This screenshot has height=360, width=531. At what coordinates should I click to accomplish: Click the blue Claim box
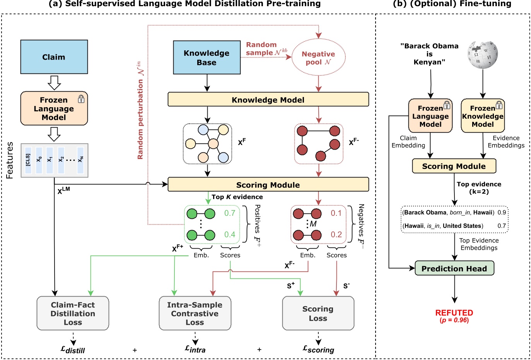(x=54, y=57)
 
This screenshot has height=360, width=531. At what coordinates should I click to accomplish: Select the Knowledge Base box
(x=207, y=58)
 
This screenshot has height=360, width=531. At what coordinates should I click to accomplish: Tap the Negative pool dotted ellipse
(x=318, y=58)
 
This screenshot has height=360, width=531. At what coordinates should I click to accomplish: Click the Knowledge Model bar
(x=268, y=99)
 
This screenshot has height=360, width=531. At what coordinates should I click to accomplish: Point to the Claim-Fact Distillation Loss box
(x=73, y=313)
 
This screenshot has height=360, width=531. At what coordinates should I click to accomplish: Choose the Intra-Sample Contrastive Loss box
(x=195, y=313)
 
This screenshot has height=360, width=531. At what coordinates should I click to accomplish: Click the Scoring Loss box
(x=318, y=313)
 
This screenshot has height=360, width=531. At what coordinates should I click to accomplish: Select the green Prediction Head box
(x=454, y=268)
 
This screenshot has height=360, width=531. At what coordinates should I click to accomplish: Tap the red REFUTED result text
(x=454, y=313)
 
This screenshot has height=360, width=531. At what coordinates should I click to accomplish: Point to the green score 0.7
(x=230, y=213)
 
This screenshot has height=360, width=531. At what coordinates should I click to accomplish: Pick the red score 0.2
(x=336, y=234)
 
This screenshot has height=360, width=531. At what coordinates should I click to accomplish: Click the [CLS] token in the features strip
(x=28, y=160)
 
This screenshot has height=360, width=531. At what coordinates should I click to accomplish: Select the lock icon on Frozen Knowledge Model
(x=499, y=104)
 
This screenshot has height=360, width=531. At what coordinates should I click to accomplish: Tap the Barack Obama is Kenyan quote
(x=429, y=54)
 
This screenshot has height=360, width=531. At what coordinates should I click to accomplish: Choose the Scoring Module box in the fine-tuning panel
(x=454, y=166)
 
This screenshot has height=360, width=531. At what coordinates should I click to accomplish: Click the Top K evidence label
(x=237, y=197)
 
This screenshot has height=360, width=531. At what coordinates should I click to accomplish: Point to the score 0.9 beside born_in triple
(x=502, y=212)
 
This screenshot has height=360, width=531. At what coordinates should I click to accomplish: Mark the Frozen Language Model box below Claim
(x=54, y=108)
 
